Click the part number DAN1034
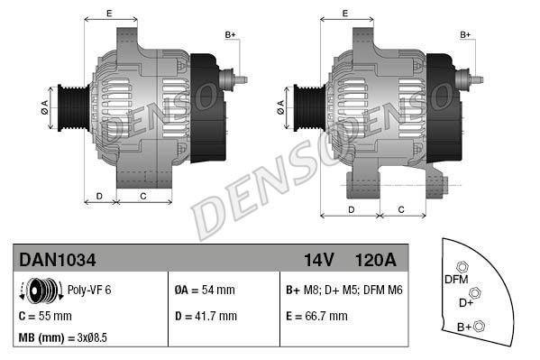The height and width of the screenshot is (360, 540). point(57,260)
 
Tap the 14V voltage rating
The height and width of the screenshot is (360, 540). point(319,260)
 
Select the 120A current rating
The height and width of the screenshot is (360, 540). point(376,260)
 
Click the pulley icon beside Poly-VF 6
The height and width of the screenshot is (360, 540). point(41,291)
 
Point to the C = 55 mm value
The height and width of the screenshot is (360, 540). point(45,316)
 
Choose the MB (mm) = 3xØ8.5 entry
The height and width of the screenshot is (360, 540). point(63,337)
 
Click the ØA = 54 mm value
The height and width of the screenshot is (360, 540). point(205,290)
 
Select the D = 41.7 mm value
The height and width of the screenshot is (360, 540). point(206,316)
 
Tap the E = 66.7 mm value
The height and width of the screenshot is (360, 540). point(316,316)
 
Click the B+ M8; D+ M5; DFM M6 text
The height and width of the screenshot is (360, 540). point(344,290)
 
